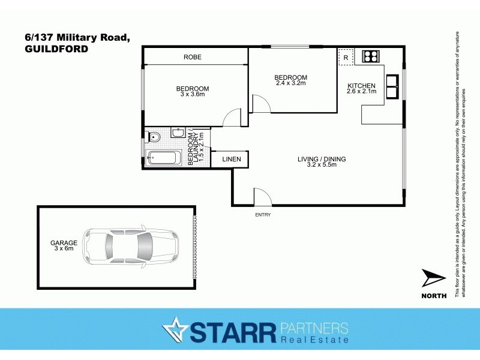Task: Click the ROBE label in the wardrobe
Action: click(x=192, y=57)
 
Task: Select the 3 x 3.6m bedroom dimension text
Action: click(x=194, y=94)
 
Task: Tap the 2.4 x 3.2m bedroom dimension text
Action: click(x=290, y=83)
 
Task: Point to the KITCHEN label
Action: click(x=362, y=86)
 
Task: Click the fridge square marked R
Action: click(x=346, y=57)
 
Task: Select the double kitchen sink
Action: click(x=392, y=86)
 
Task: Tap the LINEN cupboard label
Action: click(x=232, y=159)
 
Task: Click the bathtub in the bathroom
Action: click(x=163, y=159)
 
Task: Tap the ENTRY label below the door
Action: click(x=263, y=214)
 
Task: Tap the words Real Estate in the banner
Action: click(x=314, y=340)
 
